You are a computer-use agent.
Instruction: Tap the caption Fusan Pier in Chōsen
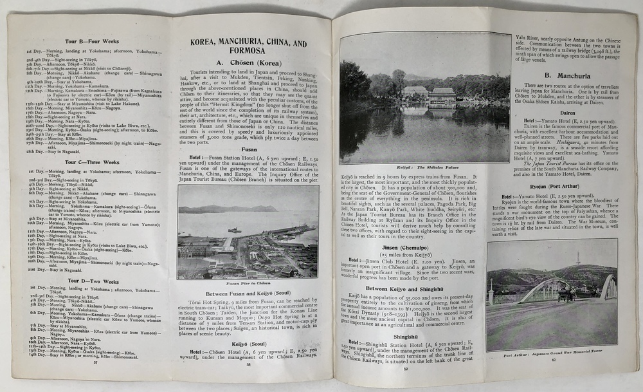248,283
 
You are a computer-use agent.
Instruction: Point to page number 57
96,362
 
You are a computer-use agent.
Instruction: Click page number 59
405,368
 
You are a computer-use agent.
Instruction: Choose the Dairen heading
552,110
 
